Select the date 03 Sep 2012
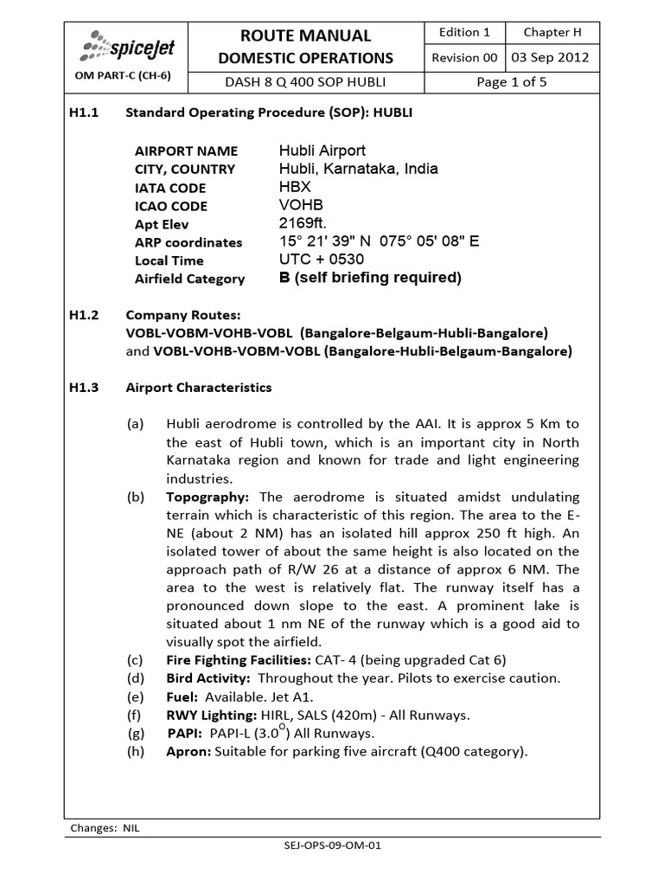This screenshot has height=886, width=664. (550, 58)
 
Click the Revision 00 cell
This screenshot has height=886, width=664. (464, 58)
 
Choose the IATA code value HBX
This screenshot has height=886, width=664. (294, 187)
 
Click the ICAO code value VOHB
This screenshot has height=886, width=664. (298, 206)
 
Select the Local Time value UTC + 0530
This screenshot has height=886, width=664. (321, 260)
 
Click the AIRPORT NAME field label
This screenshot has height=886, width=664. (186, 151)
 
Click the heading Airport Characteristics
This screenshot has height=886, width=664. (199, 388)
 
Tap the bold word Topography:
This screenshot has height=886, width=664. (207, 497)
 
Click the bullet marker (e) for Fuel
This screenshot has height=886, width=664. (134, 697)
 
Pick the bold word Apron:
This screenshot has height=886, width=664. (187, 751)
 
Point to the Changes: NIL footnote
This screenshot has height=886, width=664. (104, 828)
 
